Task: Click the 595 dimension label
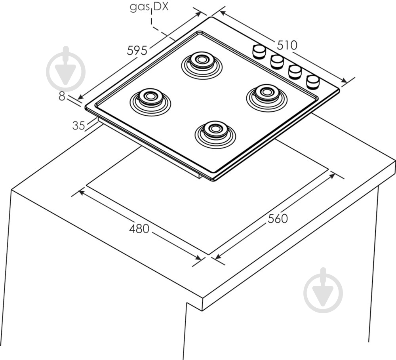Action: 137,50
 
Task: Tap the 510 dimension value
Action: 287,46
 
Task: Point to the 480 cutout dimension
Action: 139,229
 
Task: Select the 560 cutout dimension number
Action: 278,218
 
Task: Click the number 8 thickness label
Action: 62,96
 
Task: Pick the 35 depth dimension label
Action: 79,126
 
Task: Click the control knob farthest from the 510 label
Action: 313,81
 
